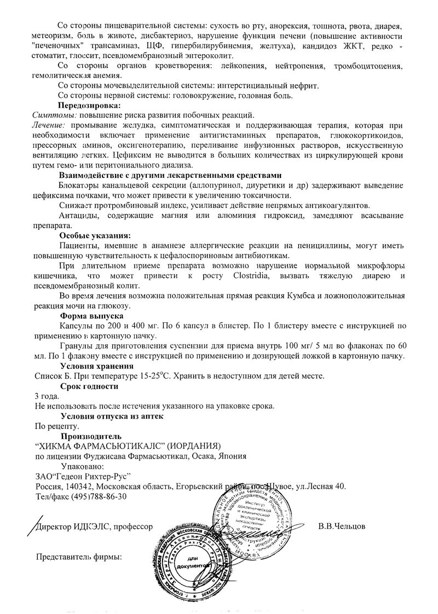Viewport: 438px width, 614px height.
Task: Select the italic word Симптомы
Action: pos(53,115)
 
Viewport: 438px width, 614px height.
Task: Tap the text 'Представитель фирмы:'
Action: pos(78,557)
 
